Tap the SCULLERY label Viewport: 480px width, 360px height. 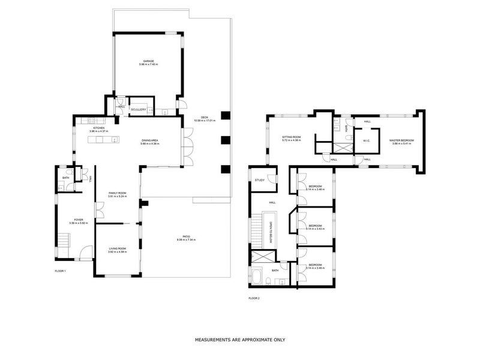coord(138,109)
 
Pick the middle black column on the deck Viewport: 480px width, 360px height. coord(225,141)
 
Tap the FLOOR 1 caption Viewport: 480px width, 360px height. coord(60,271)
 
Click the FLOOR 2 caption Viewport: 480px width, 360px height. coord(254,298)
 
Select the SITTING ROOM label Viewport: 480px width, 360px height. coord(291,137)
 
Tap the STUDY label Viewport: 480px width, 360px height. coord(259,180)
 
